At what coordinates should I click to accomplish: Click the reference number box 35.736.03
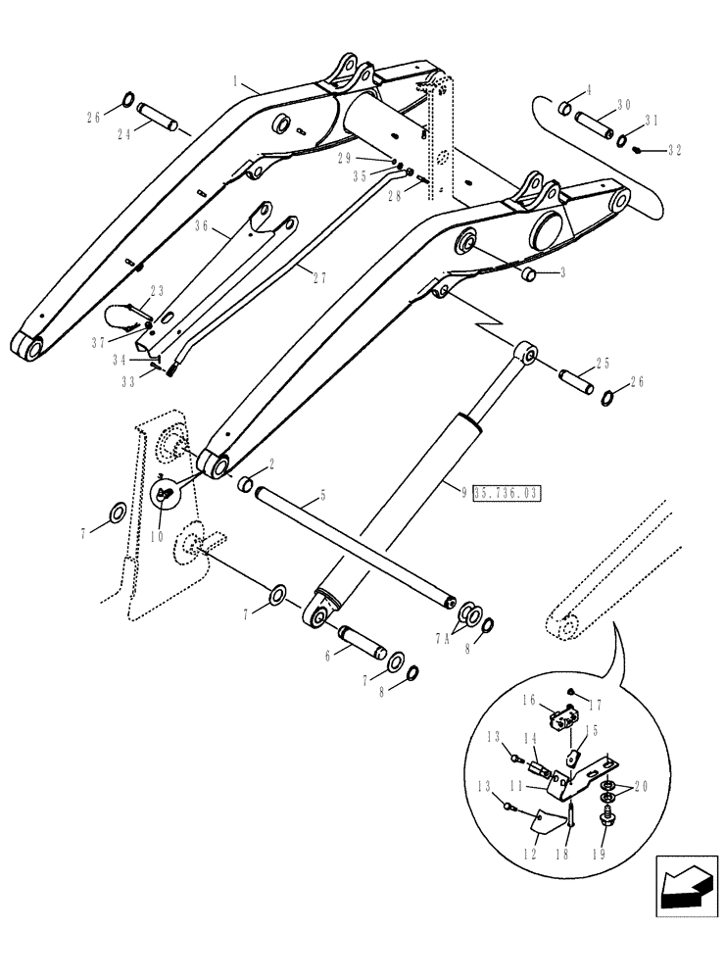[508, 492]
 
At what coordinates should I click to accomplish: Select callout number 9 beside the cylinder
[463, 490]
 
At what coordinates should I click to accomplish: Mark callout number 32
[675, 150]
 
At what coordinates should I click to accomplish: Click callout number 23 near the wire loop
[158, 291]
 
